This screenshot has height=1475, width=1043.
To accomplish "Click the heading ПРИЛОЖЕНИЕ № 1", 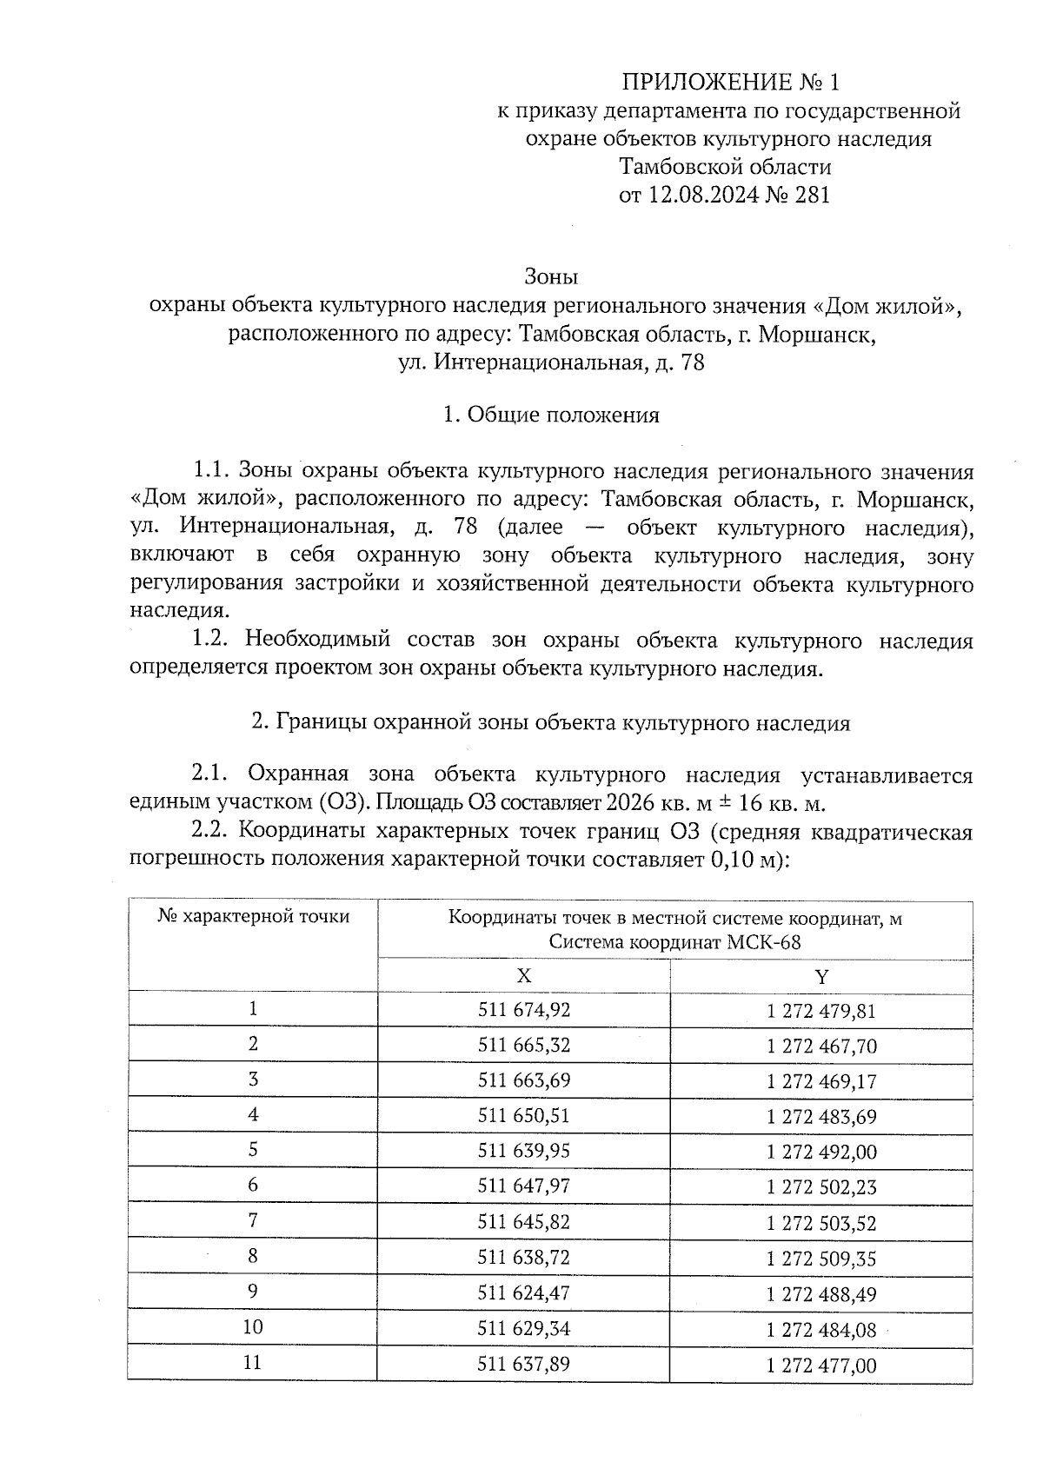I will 731,83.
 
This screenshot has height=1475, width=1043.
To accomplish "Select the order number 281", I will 812,195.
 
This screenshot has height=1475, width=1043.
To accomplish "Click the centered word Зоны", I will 551,277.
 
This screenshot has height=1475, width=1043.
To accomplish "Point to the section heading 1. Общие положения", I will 551,415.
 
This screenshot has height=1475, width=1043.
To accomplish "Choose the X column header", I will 523,976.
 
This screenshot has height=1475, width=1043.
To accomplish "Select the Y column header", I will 821,976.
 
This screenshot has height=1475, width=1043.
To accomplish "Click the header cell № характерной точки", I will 254,917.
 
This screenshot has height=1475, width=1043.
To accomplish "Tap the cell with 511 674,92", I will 523,1010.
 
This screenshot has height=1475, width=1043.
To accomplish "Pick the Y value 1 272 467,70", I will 821,1046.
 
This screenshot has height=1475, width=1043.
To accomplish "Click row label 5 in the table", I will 253,1150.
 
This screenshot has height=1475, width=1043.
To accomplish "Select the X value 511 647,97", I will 523,1186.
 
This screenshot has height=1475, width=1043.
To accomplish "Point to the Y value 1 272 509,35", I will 821,1258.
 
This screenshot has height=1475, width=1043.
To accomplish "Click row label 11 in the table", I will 253,1363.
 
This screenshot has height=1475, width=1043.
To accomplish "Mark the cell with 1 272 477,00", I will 821,1365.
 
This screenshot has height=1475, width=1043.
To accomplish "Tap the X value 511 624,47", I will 523,1292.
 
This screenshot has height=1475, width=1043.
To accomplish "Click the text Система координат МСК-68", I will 674,943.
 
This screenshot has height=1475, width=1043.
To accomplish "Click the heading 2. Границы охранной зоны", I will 551,724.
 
